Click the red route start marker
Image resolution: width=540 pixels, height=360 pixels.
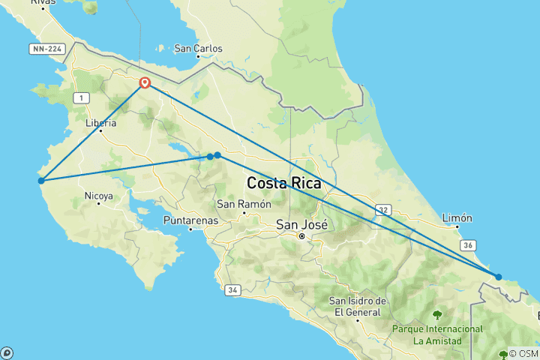tap(144, 83)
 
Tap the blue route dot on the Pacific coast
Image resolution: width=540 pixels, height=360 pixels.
tap(41, 180)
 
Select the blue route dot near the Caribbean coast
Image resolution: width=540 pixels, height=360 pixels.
tap(499, 277)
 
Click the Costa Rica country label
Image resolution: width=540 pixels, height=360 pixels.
tap(284, 183)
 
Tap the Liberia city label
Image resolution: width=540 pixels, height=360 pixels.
tap(101, 123)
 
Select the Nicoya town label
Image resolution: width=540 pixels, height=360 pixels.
tap(98, 196)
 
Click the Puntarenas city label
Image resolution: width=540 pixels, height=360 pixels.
tap(190, 220)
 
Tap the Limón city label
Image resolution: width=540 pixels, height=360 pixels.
tap(457, 218)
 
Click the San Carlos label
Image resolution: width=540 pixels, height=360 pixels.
tap(198, 49)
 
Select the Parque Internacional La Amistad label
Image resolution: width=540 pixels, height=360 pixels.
tap(436, 334)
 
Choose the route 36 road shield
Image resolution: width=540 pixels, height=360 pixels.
tap(467, 244)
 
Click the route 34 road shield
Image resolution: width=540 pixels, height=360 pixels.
tap(233, 289)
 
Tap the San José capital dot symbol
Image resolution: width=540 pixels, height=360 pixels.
tap(301, 236)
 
